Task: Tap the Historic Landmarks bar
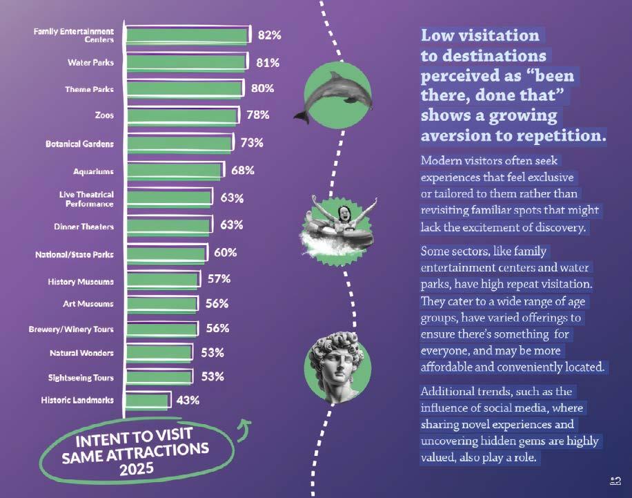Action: coord(147,401)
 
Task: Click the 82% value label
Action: coord(270,35)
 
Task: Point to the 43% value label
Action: coord(188,401)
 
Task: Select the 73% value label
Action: coord(252,143)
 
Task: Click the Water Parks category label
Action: coord(90,63)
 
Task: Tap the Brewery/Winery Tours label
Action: coord(71,329)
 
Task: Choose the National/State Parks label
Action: coord(74,255)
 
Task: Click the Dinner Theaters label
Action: coord(84,227)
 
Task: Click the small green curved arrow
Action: coord(245,430)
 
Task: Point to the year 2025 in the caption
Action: coord(137,469)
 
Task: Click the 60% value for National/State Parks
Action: coord(226,253)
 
